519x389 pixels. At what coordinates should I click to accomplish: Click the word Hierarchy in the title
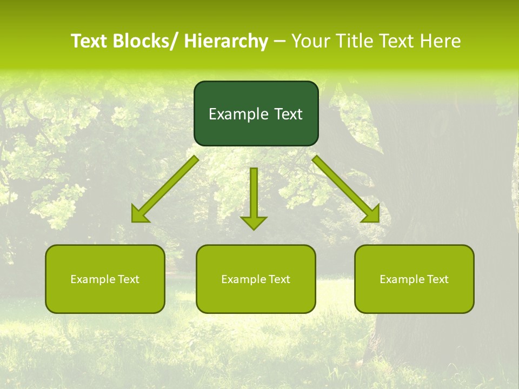[x=226, y=41]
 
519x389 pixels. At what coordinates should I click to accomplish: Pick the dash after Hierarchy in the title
[x=280, y=42]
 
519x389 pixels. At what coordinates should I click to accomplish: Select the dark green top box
[x=256, y=113]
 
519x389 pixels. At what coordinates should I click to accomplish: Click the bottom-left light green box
[x=105, y=279]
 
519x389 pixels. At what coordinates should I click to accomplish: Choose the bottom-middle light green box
[x=256, y=279]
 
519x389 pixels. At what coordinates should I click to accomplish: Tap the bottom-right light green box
[x=414, y=279]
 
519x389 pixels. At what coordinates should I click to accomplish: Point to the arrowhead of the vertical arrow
[x=254, y=222]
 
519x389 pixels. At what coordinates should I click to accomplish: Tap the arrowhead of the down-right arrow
[x=371, y=214]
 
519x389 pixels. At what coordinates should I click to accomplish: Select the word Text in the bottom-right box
[x=437, y=279]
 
